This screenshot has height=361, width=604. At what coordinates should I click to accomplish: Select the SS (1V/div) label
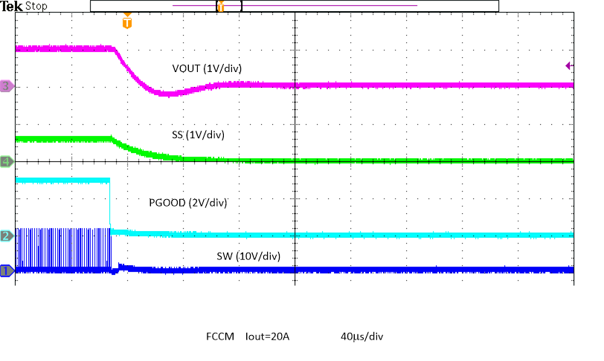pyautogui.click(x=199, y=134)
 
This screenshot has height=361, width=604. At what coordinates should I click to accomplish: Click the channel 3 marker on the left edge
pyautogui.click(x=7, y=86)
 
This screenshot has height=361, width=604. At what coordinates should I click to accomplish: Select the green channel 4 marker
pyautogui.click(x=7, y=161)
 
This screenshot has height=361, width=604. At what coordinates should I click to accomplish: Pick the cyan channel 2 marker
pyautogui.click(x=7, y=235)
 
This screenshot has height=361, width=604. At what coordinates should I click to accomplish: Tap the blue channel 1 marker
pyautogui.click(x=7, y=270)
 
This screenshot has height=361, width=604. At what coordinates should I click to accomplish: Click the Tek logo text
pyautogui.click(x=11, y=6)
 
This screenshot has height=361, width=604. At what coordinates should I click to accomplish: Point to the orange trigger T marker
pyautogui.click(x=127, y=22)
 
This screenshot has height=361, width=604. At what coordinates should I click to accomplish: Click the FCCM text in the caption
pyautogui.click(x=220, y=336)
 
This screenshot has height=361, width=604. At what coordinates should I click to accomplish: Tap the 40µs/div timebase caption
pyautogui.click(x=362, y=336)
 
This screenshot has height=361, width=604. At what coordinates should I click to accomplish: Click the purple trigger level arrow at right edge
pyautogui.click(x=569, y=66)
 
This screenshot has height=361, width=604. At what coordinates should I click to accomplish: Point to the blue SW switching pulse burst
pyautogui.click(x=63, y=249)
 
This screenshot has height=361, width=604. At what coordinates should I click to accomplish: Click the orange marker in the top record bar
pyautogui.click(x=220, y=6)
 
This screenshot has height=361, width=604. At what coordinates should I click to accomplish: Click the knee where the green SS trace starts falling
pyautogui.click(x=112, y=138)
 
